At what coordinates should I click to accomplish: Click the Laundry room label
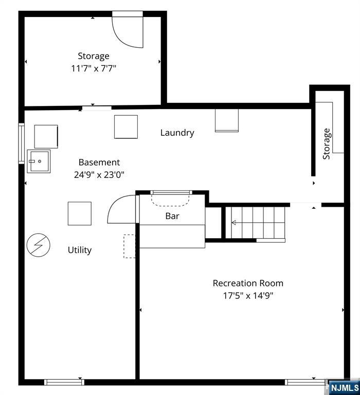click(x=177, y=133)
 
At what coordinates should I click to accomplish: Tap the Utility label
click(x=80, y=250)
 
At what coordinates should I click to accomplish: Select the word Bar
click(x=172, y=216)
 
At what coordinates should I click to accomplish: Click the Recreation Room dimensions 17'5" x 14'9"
click(x=248, y=295)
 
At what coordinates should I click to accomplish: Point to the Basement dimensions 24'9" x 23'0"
click(x=99, y=174)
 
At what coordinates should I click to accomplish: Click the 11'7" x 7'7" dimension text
click(x=94, y=68)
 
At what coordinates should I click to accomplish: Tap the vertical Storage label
click(x=326, y=144)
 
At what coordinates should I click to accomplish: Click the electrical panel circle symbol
click(x=38, y=245)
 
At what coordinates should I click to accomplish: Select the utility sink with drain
click(x=39, y=161)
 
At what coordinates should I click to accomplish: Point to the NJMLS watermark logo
click(x=344, y=387)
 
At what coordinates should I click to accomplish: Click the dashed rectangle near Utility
click(x=129, y=246)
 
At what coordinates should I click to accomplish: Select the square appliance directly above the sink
click(x=46, y=136)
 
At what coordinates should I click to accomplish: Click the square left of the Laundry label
click(x=126, y=127)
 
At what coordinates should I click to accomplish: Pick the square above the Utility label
click(x=80, y=213)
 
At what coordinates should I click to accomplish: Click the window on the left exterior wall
click(x=22, y=143)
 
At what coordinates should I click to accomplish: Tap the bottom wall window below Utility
click(x=64, y=383)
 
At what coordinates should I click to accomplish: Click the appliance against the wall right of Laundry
click(x=227, y=120)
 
